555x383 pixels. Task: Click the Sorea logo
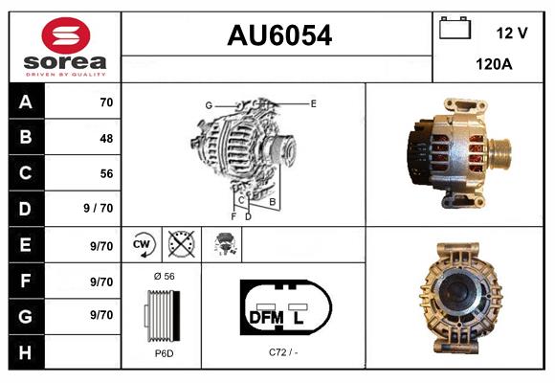[x=65, y=48]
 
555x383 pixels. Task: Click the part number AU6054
[x=278, y=36]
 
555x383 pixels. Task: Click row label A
[x=25, y=102]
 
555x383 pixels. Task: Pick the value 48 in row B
[x=105, y=138]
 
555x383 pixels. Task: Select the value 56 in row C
[x=105, y=173]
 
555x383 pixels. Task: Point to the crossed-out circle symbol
[x=180, y=245]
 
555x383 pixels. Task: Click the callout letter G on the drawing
[x=208, y=104]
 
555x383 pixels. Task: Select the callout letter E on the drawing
[x=313, y=102]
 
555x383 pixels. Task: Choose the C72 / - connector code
[x=284, y=353]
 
